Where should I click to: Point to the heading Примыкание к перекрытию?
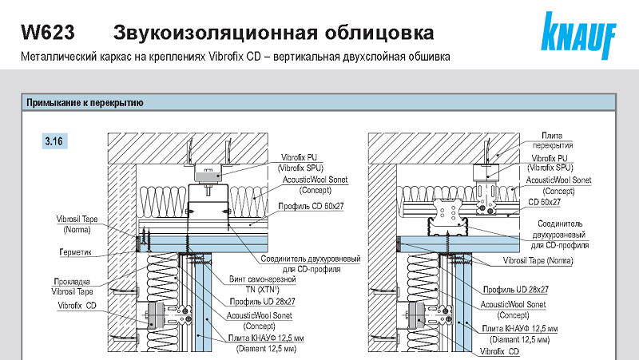pos(85,103)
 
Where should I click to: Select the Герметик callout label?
pos(76,253)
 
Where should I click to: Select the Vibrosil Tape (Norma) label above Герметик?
pos(78,222)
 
